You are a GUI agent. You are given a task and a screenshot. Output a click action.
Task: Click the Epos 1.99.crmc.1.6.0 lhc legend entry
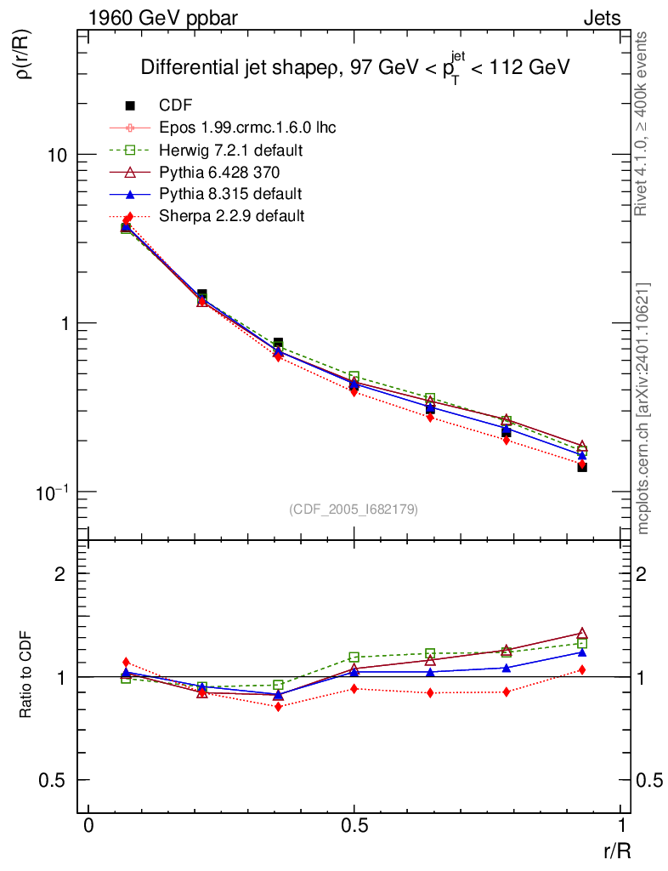point(247,128)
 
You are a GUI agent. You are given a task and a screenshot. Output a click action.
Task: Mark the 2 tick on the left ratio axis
point(61,573)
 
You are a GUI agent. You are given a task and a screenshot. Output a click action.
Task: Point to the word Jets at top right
point(601,18)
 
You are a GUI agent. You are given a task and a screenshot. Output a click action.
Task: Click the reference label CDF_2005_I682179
point(354,509)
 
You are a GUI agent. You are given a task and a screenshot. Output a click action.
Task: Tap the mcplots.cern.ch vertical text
point(643,408)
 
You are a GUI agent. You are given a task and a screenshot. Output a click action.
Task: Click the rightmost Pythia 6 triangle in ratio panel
point(582,633)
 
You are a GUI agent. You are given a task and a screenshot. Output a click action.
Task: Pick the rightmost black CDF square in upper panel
point(582,467)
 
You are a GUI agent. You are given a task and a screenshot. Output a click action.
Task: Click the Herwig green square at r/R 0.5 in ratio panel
point(354,658)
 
